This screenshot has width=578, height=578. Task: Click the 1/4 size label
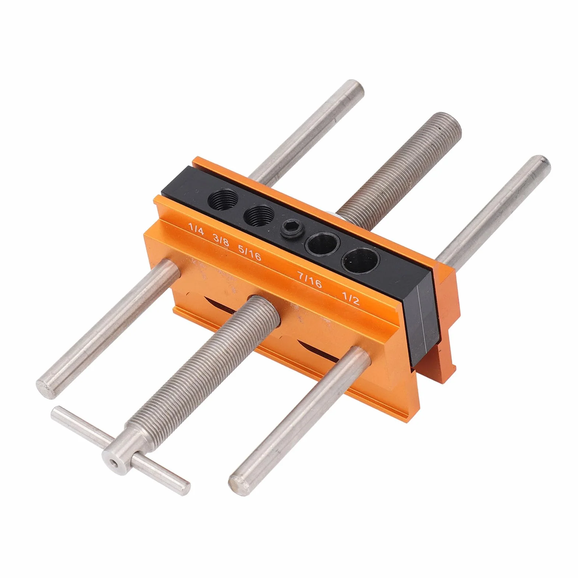coord(196,227)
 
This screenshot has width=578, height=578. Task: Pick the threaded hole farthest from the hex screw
coord(221,202)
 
